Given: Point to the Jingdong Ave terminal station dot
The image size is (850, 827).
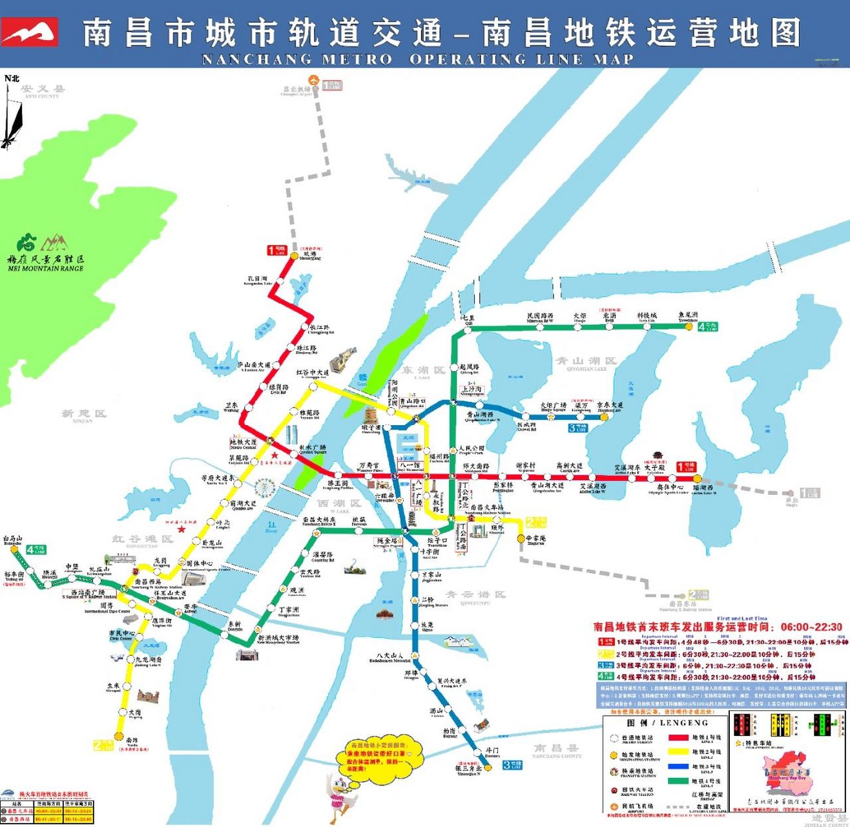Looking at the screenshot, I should (605, 417).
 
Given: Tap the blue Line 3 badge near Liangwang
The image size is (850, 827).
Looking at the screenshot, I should (577, 428).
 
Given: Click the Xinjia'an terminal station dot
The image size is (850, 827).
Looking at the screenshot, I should (521, 538).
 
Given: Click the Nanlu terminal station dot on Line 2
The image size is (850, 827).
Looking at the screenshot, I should (118, 735).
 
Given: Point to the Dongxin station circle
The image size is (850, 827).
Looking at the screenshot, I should (234, 633).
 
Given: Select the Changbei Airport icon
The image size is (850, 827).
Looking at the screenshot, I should (314, 81).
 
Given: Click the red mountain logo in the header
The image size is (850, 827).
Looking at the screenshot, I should (30, 32).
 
